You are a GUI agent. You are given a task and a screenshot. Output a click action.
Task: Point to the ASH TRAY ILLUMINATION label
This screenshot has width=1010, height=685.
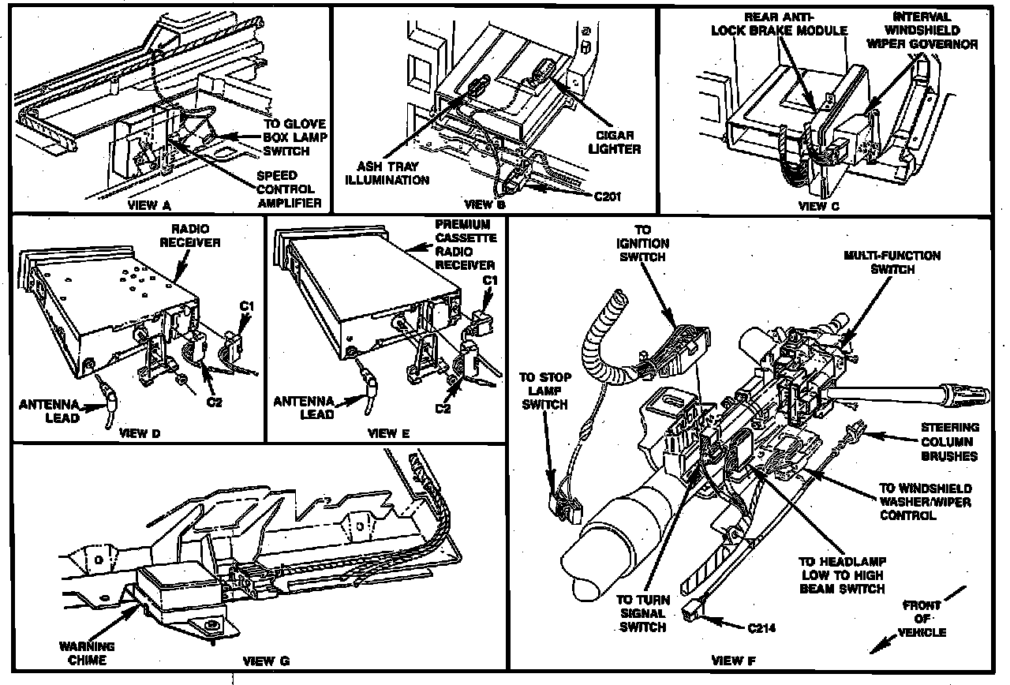pyautogui.click(x=392, y=174)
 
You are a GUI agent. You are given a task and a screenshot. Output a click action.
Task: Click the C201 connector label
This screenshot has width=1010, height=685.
pyautogui.click(x=605, y=197)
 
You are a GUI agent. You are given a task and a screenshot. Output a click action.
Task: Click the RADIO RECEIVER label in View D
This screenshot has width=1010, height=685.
pyautogui.click(x=191, y=236)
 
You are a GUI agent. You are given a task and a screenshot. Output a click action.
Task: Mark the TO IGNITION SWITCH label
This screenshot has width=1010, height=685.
pyautogui.click(x=645, y=242)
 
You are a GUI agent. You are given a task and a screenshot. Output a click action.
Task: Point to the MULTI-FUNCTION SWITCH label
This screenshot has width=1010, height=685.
pyautogui.click(x=892, y=262)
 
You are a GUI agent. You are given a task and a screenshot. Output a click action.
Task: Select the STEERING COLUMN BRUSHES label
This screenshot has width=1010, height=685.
pyautogui.click(x=950, y=442)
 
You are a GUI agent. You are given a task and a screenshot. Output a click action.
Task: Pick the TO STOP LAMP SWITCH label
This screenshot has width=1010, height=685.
pyautogui.click(x=545, y=391)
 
